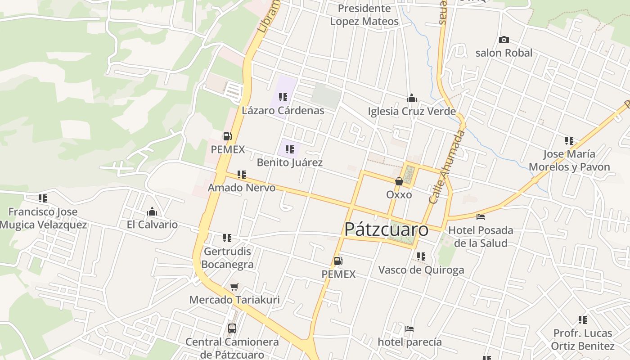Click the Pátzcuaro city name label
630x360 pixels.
tap(386, 229)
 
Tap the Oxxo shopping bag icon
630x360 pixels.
tap(399, 181)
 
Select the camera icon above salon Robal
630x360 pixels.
tap(504, 40)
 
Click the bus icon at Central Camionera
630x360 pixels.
tap(232, 328)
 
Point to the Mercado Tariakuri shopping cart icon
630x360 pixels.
tap(234, 287)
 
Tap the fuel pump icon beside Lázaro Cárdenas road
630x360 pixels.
tap(228, 136)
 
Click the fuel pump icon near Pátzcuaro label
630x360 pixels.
tap(338, 261)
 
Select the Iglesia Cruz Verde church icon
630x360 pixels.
tap(411, 98)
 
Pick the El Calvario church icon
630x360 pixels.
tap(152, 211)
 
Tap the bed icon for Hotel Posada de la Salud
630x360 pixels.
tap(481, 217)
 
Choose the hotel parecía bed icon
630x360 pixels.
tap(409, 329)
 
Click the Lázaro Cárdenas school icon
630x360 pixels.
tap(283, 97)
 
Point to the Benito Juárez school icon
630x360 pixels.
tap(289, 149)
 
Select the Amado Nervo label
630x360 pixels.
tap(242, 188)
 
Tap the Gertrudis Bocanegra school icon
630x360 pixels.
tap(227, 238)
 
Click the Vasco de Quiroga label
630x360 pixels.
tap(421, 270)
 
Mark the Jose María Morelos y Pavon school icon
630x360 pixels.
tap(569, 141)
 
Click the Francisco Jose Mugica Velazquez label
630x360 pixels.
tap(43, 218)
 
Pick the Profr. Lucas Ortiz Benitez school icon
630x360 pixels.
tap(583, 320)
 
